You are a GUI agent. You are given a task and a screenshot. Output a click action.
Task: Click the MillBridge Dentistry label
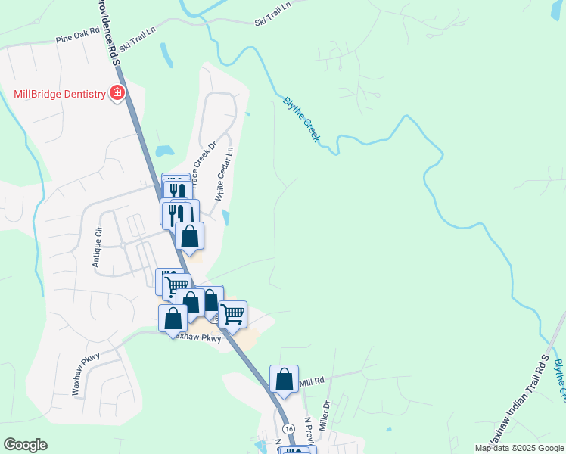pos(60,94)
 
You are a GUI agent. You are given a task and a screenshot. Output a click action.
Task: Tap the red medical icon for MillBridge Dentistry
pos(117,94)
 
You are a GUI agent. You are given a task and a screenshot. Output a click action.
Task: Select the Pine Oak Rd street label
pos(78,36)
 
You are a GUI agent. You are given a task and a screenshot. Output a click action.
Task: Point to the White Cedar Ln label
pos(225,173)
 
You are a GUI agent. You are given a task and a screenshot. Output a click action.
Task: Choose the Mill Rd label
pos(311,381)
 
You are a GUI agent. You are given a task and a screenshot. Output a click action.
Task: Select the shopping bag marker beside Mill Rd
pos(284,380)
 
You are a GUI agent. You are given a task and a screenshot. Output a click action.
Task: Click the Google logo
pos(25,445)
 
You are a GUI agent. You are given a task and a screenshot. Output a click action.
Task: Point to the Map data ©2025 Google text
pos(519,448)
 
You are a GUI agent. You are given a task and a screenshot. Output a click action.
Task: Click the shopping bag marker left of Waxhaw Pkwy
pos(173,319)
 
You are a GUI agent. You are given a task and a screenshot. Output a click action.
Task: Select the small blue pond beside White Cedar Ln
pos(226,217)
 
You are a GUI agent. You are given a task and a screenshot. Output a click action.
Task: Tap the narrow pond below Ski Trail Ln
pos(165,55)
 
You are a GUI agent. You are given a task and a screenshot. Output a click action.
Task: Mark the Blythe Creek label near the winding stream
pos(302,120)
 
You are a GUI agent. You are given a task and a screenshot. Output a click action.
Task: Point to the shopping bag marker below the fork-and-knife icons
pos(189,236)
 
